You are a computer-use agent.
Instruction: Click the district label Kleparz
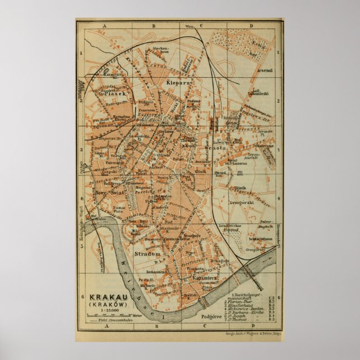(178, 82)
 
